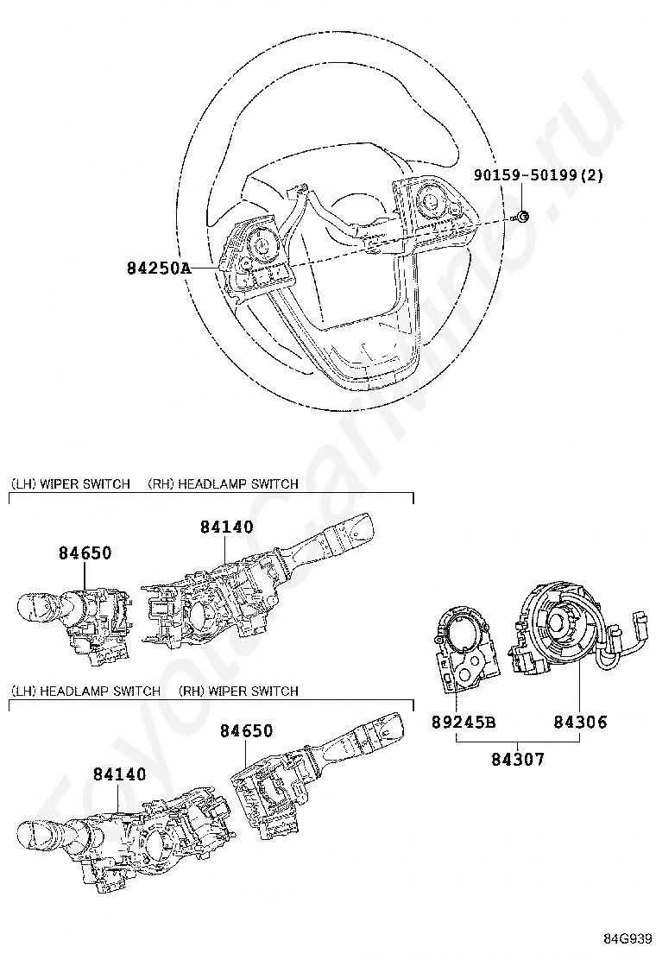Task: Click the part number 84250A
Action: click(159, 268)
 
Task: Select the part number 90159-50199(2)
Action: click(538, 175)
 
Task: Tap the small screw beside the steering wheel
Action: click(523, 217)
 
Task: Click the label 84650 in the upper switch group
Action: click(85, 553)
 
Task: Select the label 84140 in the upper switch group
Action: click(227, 527)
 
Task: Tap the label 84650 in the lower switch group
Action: click(246, 730)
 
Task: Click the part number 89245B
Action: click(464, 722)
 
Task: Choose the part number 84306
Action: click(580, 722)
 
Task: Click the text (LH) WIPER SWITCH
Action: click(70, 483)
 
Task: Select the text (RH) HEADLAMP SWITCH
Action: click(223, 483)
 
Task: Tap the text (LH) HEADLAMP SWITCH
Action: click(85, 691)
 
